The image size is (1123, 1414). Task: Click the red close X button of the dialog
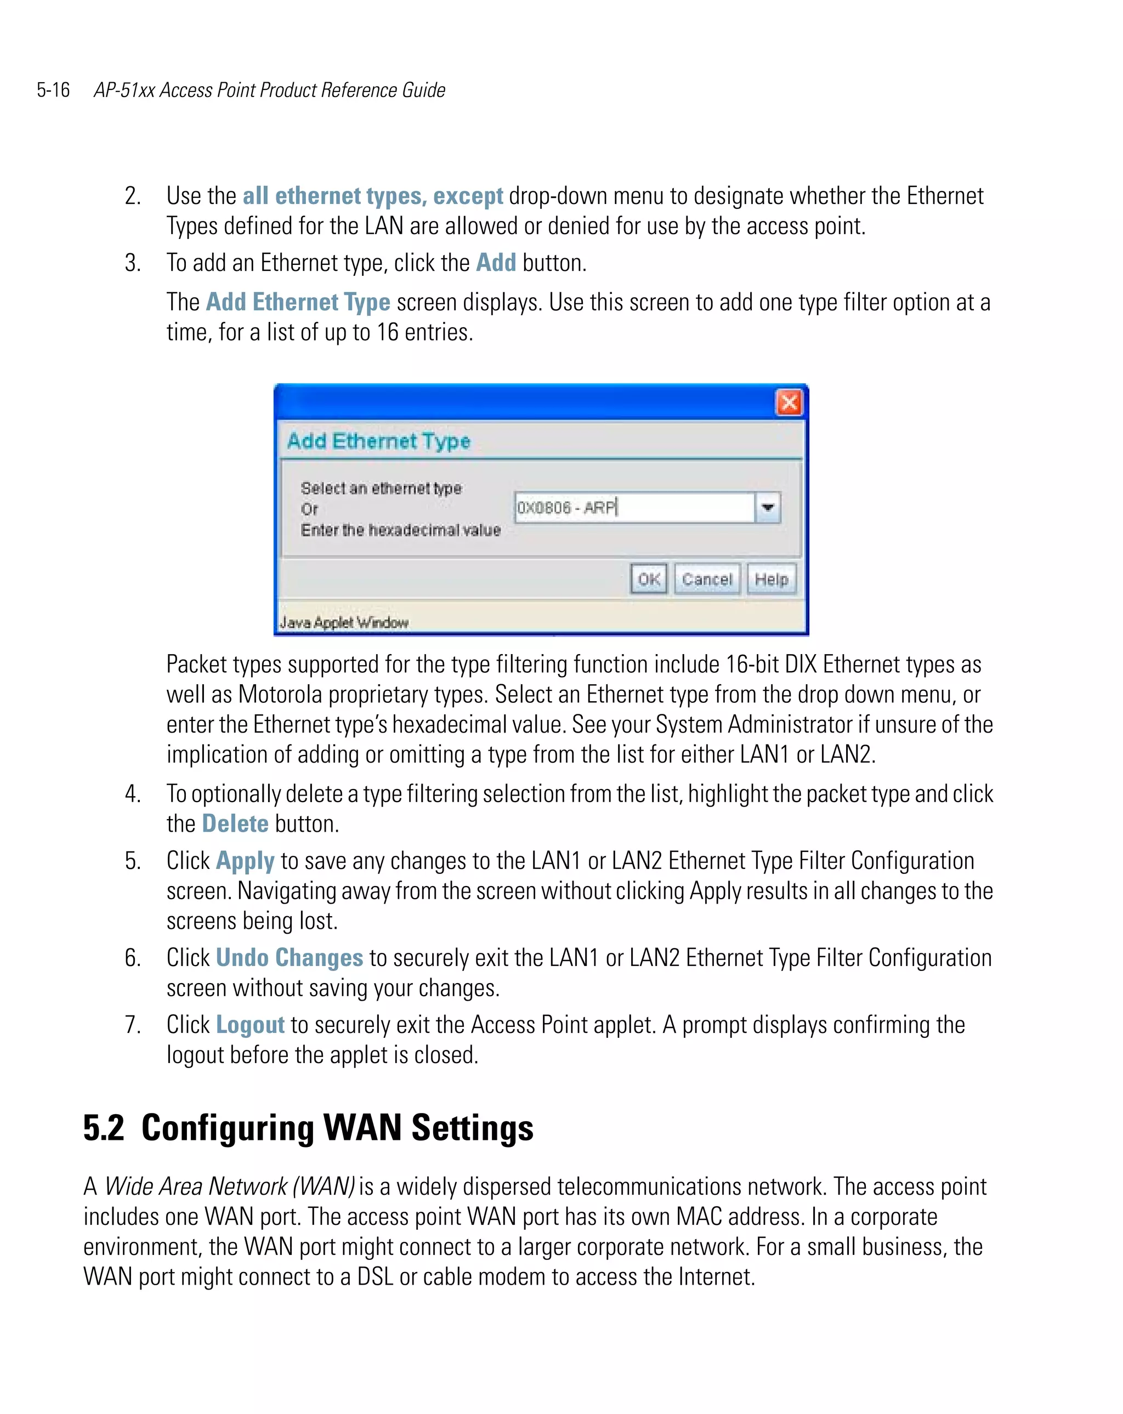pos(789,402)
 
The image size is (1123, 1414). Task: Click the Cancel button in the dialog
pos(706,579)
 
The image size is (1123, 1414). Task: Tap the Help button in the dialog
pos(771,579)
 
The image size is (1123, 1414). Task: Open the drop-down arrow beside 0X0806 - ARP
pos(768,507)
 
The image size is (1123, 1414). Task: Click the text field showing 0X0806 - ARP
pos(633,507)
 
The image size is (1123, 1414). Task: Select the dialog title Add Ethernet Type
pos(378,441)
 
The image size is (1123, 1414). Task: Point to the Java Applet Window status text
pos(344,622)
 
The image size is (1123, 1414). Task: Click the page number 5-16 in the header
pos(53,90)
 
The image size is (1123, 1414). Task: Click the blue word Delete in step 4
pos(235,824)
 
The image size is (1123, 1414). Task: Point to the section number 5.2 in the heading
pos(104,1128)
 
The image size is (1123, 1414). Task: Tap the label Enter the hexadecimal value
pos(400,530)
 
